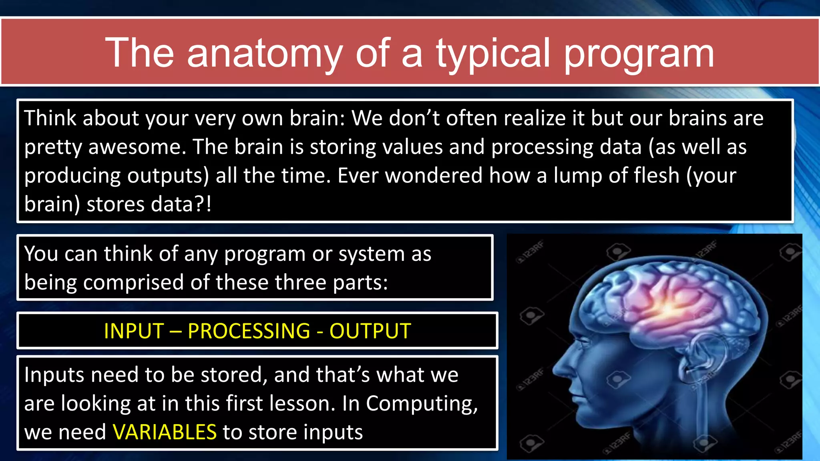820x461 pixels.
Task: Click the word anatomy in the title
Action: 264,53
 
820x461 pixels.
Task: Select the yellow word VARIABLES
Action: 165,432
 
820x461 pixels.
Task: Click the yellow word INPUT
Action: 134,331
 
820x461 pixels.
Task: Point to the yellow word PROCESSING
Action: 249,331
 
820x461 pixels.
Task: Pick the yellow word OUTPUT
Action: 370,331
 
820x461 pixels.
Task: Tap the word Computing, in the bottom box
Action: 422,404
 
